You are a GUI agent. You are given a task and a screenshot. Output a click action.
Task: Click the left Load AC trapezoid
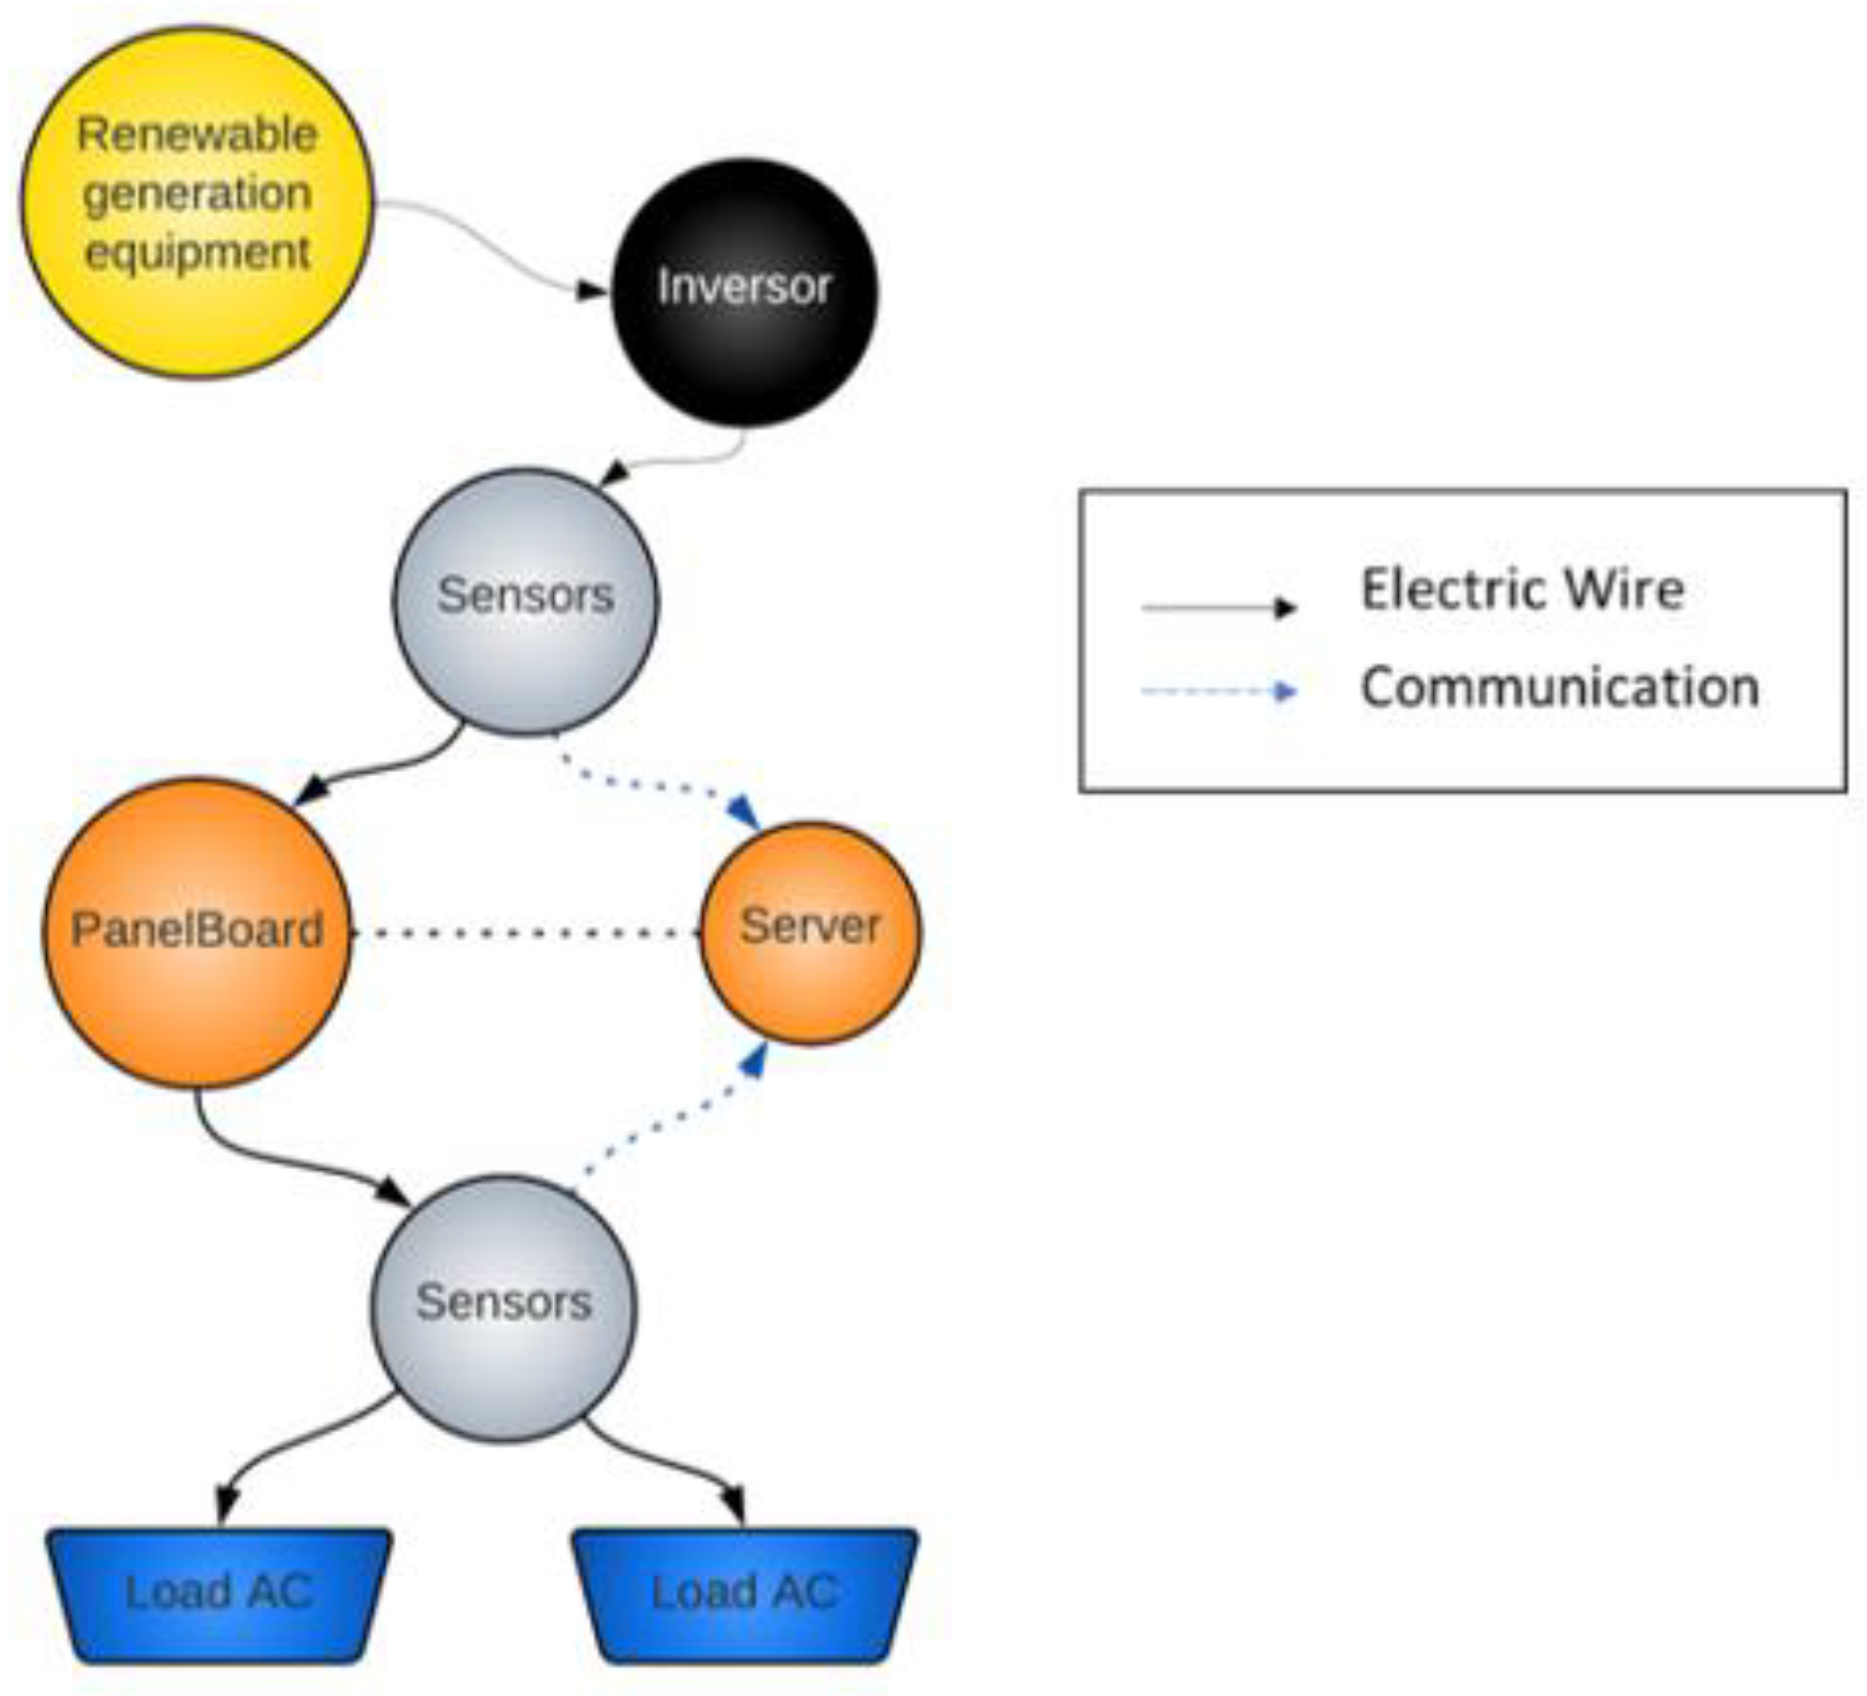[x=220, y=1592]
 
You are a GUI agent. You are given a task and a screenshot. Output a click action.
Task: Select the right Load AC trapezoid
[x=745, y=1592]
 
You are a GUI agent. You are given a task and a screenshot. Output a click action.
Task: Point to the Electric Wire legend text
[x=1522, y=589]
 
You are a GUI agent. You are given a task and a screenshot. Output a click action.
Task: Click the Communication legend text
[x=1560, y=687]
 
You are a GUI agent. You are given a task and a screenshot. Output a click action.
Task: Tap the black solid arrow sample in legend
[x=1218, y=608]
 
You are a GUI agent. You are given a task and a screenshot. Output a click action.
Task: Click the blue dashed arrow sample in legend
[x=1218, y=691]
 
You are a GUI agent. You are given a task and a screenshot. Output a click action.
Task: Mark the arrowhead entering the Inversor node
[x=591, y=291]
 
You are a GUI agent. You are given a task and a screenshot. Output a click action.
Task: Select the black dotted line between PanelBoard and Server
[x=525, y=933]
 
